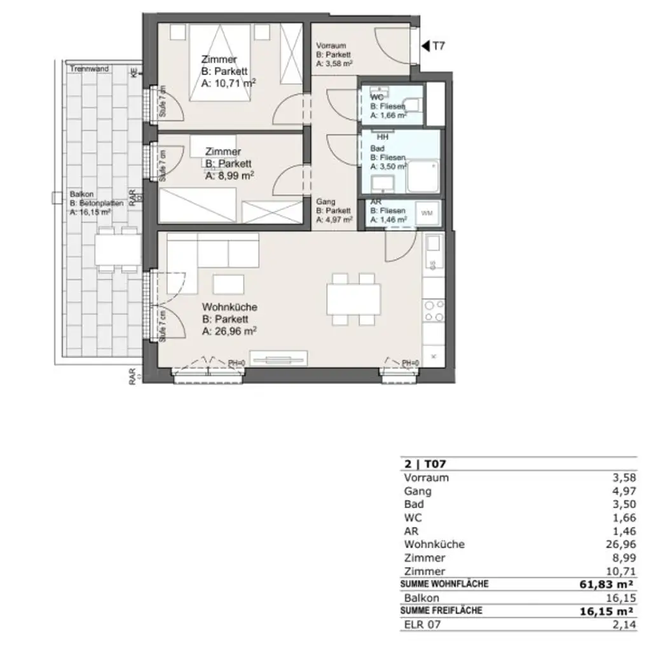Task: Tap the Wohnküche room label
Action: coord(230,307)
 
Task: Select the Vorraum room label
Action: coord(331,46)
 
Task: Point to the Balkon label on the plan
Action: coord(82,194)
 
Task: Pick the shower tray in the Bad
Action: coord(423,176)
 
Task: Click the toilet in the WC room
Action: coord(413,104)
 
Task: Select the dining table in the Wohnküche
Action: coord(353,298)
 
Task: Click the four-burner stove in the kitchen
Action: coord(434,311)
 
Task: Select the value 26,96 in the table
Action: coord(620,544)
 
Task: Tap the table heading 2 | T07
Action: coord(420,464)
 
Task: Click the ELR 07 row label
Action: coord(421,624)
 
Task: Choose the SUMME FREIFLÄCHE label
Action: coord(441,610)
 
